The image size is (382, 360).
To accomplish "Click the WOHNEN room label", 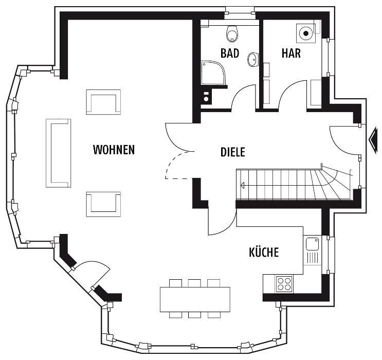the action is tap(114, 150).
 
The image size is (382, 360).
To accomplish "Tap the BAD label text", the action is tap(230, 53).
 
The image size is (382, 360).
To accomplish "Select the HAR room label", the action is tap(291, 53).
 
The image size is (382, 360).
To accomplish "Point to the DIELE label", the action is tap(233, 152).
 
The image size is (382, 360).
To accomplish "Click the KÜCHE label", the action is tap(264, 252).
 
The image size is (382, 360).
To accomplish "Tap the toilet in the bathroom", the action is tap(232, 33).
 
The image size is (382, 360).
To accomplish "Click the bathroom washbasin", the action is tap(253, 59).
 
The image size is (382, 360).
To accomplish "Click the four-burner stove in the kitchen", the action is tap(284, 284).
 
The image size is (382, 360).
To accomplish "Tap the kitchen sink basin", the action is tap(312, 244).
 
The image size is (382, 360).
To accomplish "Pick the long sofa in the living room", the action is tap(59, 153).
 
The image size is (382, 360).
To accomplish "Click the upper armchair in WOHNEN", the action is tap(103, 102).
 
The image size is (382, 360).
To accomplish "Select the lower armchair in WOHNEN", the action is tap(103, 204).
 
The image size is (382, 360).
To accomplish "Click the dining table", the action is tap(195, 299).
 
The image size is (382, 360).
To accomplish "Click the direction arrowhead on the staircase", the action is tap(242, 186).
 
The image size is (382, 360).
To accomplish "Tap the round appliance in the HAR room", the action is tap(305, 33).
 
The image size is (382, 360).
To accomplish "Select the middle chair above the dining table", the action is tap(194, 283).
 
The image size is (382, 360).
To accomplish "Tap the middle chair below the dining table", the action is tap(194, 315).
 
